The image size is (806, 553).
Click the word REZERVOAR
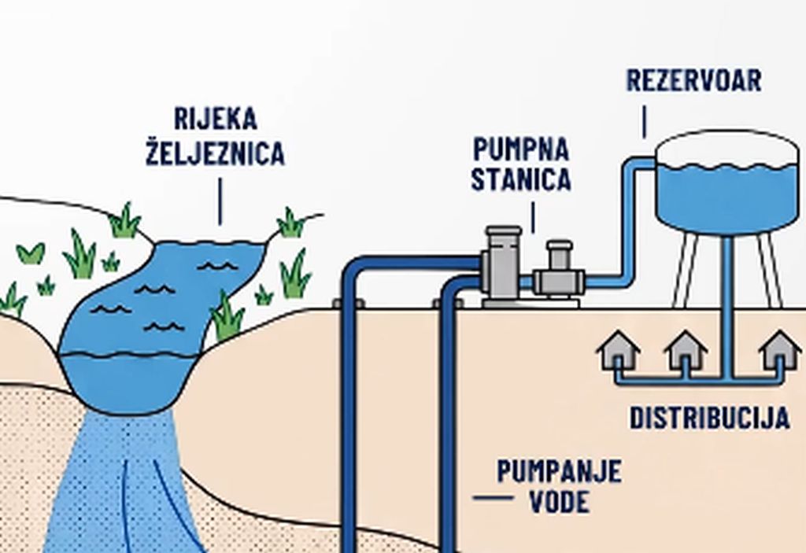[694, 81]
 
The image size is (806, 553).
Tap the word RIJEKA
[216, 119]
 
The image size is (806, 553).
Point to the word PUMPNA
[521, 149]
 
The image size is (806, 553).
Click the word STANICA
[521, 179]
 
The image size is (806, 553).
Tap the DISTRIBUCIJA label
[710, 418]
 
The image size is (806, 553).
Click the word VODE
[560, 502]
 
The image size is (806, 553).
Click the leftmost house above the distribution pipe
[619, 350]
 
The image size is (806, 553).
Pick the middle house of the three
[686, 350]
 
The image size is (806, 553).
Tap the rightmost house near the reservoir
[780, 350]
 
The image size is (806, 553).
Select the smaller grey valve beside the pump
[560, 270]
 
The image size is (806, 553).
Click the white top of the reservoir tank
[727, 149]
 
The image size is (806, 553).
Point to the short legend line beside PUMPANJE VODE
[493, 497]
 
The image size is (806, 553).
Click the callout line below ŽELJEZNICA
[220, 201]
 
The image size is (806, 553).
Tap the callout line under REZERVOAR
[645, 122]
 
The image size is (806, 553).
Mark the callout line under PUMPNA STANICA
[533, 217]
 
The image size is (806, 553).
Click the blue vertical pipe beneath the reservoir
[727, 307]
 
